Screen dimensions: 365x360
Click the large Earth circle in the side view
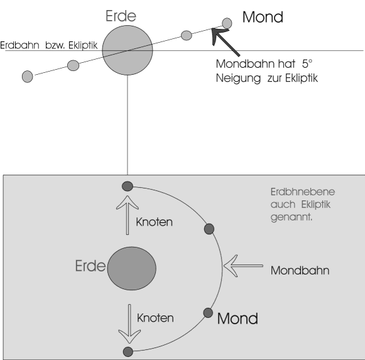tap(128, 50)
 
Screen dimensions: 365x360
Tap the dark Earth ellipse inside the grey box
tap(132, 268)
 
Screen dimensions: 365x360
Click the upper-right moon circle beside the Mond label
tap(227, 23)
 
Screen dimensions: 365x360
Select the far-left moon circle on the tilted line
tap(28, 77)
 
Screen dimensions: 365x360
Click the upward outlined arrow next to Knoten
tap(128, 215)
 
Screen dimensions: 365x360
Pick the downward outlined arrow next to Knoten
tap(129, 324)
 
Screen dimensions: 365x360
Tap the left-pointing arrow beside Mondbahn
tap(243, 266)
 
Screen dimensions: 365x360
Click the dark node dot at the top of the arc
tap(128, 187)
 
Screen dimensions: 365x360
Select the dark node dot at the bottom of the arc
tap(128, 352)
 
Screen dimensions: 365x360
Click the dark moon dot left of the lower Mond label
tap(208, 313)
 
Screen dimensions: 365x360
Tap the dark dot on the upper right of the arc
tap(209, 229)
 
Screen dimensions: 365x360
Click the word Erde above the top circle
tap(121, 16)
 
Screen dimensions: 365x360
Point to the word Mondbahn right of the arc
tap(300, 271)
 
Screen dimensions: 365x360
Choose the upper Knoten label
tap(154, 222)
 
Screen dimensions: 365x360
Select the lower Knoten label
tap(155, 318)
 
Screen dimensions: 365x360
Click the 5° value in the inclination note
tap(307, 64)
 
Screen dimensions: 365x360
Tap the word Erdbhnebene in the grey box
tap(303, 192)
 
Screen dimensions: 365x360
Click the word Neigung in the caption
tap(238, 79)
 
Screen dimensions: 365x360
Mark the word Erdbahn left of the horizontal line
tap(19, 45)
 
